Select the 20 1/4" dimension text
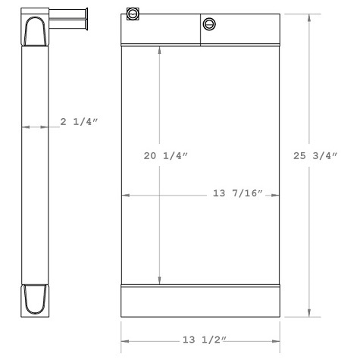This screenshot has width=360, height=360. tap(166, 155)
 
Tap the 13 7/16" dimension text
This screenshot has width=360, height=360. tap(237, 195)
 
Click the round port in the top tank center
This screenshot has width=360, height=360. tap(210, 24)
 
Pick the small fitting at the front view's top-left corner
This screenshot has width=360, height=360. tap(133, 14)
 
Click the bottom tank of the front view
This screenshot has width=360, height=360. tap(200, 301)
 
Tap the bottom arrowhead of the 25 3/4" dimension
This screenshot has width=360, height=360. tap(309, 312)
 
